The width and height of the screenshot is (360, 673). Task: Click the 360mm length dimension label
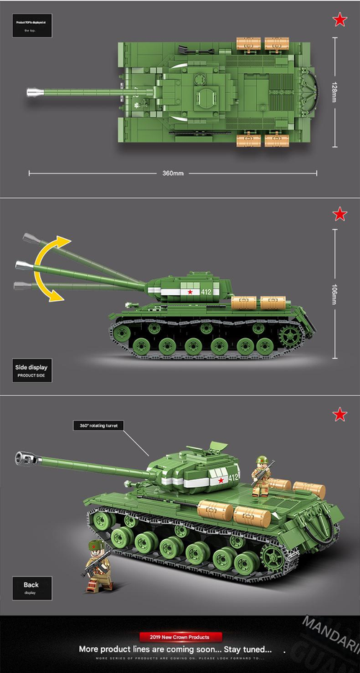pos(174,173)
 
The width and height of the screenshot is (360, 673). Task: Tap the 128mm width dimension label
pos(334,91)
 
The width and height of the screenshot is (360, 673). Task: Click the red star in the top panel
pos(339,20)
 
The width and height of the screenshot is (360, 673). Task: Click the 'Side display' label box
pos(32,370)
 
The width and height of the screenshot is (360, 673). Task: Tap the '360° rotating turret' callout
pos(99,425)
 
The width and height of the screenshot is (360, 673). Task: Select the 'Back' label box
pos(31,587)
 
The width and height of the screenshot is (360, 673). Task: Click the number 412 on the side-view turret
pos(207,292)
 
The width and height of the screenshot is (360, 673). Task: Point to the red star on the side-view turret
pos(190,292)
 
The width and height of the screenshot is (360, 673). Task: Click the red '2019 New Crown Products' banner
pos(180,637)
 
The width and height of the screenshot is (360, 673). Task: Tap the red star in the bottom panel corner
pos(339,414)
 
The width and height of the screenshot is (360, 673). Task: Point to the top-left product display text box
pos(32,27)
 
